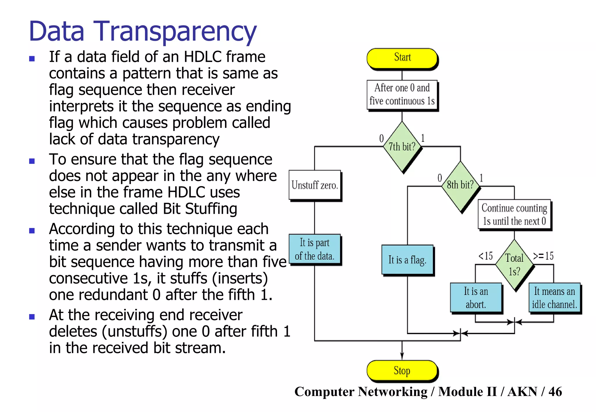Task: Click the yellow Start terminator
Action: pyautogui.click(x=402, y=58)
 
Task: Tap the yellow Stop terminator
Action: pyautogui.click(x=402, y=370)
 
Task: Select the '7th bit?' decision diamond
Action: pyautogui.click(x=402, y=147)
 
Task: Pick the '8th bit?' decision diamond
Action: pyautogui.click(x=460, y=186)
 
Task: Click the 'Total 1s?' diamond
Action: pyautogui.click(x=515, y=264)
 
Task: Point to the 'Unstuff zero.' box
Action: pyautogui.click(x=315, y=185)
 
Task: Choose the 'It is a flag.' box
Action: pyautogui.click(x=407, y=260)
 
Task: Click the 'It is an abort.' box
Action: pyautogui.click(x=476, y=298)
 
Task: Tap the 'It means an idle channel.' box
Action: pyautogui.click(x=554, y=298)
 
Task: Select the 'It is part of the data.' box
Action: pyautogui.click(x=315, y=249)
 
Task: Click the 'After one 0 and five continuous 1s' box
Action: pyautogui.click(x=402, y=94)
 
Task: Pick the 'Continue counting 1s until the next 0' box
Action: pyautogui.click(x=515, y=214)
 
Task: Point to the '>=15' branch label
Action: pyautogui.click(x=543, y=256)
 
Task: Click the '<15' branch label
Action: pyautogui.click(x=486, y=256)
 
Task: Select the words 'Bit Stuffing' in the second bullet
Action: pyautogui.click(x=200, y=209)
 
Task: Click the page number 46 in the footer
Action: pyautogui.click(x=555, y=392)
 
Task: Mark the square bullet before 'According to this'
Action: pyautogui.click(x=32, y=231)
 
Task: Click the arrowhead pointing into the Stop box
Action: pyautogui.click(x=402, y=357)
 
